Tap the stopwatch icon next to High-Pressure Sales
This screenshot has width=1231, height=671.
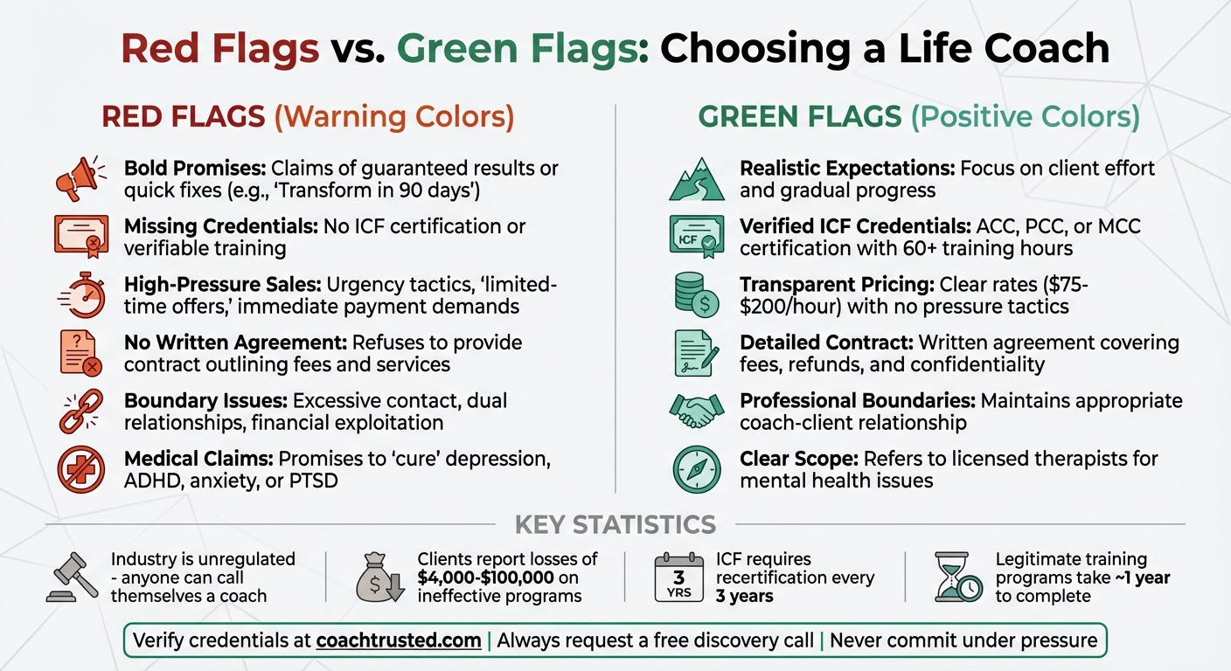83,295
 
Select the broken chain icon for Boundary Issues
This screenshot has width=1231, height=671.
81,412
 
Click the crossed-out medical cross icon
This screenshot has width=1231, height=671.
81,470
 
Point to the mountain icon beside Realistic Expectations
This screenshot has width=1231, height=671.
697,178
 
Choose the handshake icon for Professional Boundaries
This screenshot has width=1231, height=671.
697,411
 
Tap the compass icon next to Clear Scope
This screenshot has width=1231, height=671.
697,469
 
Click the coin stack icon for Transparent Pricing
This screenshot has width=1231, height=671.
697,294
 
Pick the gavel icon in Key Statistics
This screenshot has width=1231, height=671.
72,578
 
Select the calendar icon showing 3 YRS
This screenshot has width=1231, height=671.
679,578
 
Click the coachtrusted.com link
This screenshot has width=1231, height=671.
398,640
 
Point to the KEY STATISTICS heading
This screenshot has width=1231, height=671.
615,525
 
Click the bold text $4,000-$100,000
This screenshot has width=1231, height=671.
497,578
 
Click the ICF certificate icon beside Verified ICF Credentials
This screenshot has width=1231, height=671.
697,236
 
